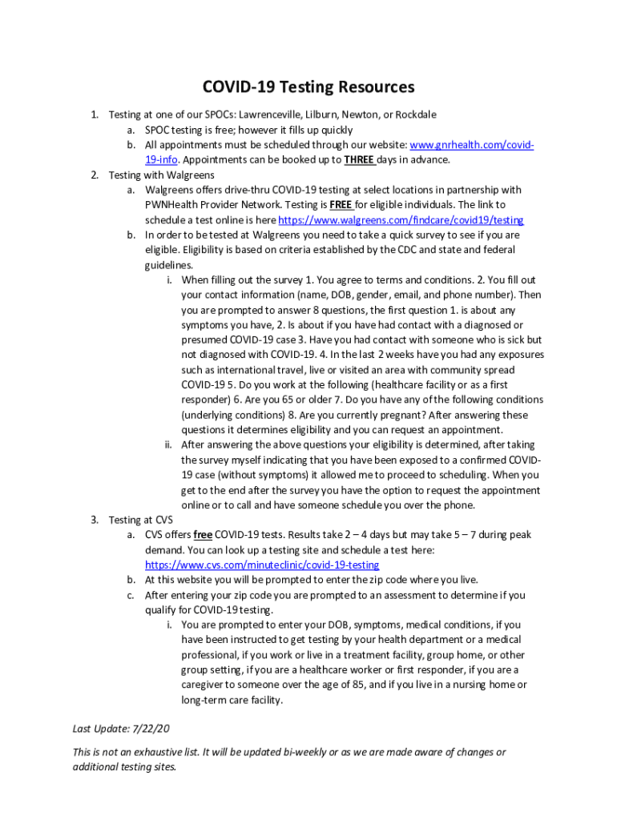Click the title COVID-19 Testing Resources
tap(308, 86)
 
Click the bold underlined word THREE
tap(360, 159)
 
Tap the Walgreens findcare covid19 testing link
tap(401, 220)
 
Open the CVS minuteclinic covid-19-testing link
tap(262, 565)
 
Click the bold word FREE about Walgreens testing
tap(342, 205)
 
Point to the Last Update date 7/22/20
tap(151, 729)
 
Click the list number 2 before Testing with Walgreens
tap(94, 175)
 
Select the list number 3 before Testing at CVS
tap(94, 520)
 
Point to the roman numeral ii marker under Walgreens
tap(169, 444)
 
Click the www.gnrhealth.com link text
tap(471, 145)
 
